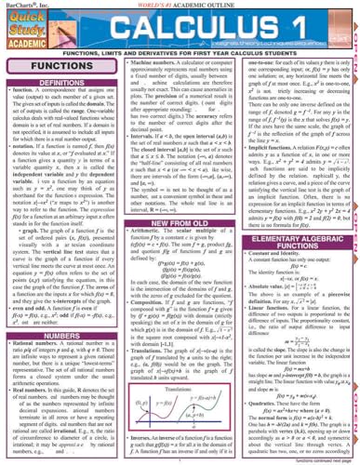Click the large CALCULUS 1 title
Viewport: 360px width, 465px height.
pos(207,28)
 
